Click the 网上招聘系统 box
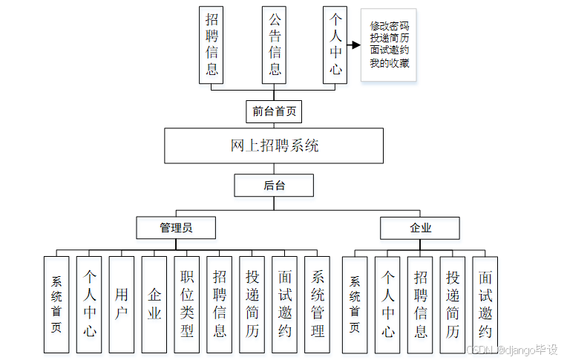click(x=274, y=145)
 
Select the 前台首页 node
click(x=274, y=111)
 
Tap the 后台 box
click(x=274, y=185)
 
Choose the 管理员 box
click(x=176, y=227)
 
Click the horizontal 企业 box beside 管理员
click(x=420, y=227)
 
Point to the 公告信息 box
click(x=275, y=45)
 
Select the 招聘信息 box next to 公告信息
click(x=211, y=45)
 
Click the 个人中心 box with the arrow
click(x=335, y=45)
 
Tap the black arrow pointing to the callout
click(x=354, y=45)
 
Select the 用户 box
click(x=122, y=304)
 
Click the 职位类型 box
click(x=187, y=304)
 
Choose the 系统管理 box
click(x=318, y=304)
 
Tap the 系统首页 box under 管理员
click(x=56, y=304)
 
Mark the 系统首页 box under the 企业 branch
click(x=355, y=304)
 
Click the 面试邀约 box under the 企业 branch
click(x=485, y=304)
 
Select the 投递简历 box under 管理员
click(x=252, y=304)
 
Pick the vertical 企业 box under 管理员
click(x=154, y=304)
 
